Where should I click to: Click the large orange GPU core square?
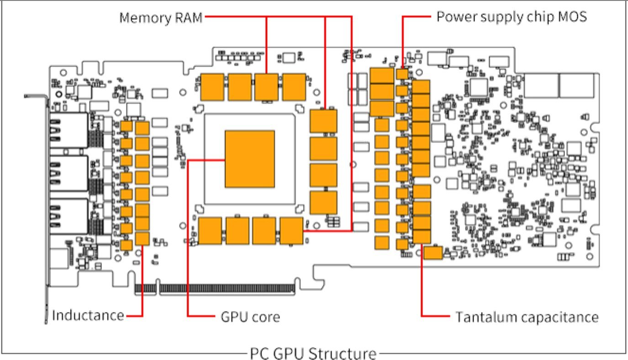(250, 159)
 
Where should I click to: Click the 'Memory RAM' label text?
(161, 17)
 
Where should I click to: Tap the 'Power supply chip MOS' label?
(512, 17)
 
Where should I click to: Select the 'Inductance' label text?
(88, 315)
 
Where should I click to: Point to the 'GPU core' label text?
(250, 316)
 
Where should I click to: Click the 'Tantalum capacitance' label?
(527, 317)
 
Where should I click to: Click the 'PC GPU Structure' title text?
(313, 353)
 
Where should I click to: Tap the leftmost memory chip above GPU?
(212, 87)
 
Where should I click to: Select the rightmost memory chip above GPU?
(294, 87)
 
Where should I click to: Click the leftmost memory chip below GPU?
(211, 231)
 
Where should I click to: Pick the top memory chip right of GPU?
(323, 121)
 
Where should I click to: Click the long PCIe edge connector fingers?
(227, 288)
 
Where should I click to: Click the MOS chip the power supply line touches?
(402, 74)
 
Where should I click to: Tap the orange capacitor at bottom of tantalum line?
(422, 236)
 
